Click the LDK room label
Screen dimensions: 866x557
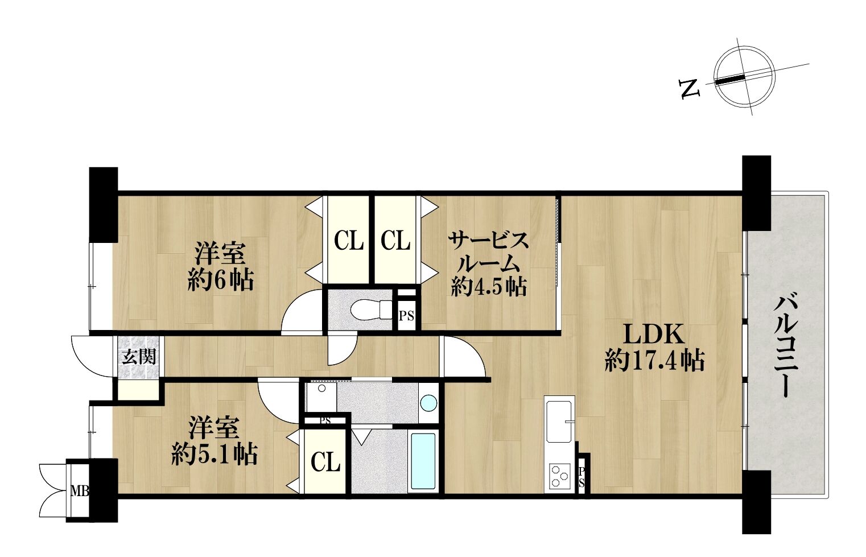654,335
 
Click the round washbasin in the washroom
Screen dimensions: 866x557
428,403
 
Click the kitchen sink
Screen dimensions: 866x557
559,422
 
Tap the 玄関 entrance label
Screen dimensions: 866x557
139,357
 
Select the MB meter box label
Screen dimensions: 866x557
80,492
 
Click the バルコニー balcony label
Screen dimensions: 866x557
786,346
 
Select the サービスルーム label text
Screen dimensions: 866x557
488,253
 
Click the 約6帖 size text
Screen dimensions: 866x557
221,280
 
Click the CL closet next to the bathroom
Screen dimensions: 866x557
325,461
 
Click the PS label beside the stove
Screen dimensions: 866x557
582,477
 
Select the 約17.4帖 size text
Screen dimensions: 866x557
654,360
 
